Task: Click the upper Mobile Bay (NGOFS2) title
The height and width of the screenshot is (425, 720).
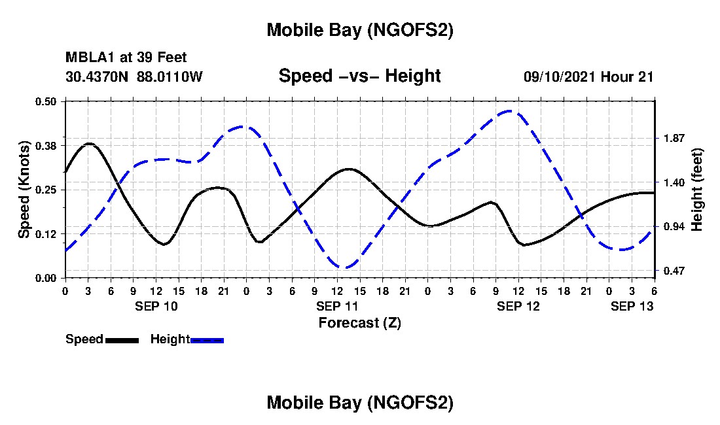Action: pos(359,31)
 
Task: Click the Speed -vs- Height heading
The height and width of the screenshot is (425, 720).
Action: pos(359,76)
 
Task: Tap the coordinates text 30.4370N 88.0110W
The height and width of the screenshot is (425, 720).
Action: pos(134,76)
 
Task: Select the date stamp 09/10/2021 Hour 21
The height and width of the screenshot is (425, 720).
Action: pos(588,76)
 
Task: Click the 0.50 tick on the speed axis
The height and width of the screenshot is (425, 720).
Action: pos(48,101)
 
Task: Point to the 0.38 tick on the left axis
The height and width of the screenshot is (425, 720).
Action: pos(48,145)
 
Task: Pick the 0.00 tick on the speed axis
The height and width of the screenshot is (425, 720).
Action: pos(48,278)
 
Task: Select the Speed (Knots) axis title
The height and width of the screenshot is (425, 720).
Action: pos(24,190)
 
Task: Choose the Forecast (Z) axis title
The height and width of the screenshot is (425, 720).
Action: pos(359,322)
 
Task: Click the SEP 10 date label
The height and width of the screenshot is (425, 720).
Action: pos(156,306)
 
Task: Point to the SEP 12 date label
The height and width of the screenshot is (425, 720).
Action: pos(518,306)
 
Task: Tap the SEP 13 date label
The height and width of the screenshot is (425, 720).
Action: pos(632,306)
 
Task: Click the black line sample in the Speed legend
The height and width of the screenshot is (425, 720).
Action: pos(122,340)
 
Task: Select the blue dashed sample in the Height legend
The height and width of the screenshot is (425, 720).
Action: pos(207,340)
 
